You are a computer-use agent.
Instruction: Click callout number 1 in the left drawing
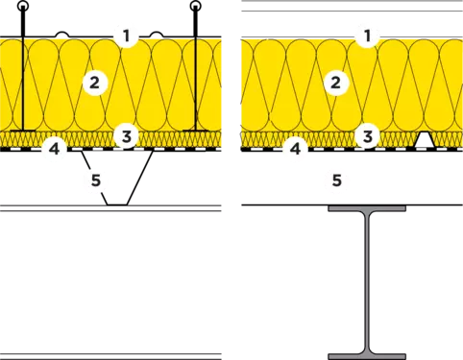[x=127, y=36]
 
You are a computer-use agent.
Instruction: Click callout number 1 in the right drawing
[x=367, y=36]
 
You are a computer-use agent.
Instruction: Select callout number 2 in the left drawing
[x=94, y=84]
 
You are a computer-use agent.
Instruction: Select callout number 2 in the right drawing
[x=335, y=84]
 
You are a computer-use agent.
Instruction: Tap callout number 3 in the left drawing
[x=127, y=136]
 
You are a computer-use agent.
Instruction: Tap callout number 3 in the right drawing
[x=367, y=136]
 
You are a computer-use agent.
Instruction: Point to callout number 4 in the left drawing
[x=55, y=149]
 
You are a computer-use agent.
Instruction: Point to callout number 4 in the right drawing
[x=296, y=149]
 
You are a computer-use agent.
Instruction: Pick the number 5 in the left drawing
[x=96, y=180]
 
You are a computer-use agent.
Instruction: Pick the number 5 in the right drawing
[x=336, y=180]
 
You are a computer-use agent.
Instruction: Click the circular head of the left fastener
[x=23, y=6]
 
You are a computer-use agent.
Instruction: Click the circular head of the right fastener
[x=195, y=6]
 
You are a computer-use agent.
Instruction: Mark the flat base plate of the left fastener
[x=23, y=131]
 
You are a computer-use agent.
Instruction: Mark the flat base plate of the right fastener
[x=195, y=131]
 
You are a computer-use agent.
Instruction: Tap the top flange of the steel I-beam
[x=367, y=208]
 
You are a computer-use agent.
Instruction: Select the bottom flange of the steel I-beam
[x=367, y=356]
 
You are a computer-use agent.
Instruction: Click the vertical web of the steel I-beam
[x=367, y=282]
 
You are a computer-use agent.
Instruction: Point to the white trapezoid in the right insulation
[x=425, y=140]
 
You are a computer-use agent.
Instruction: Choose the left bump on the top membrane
[x=62, y=35]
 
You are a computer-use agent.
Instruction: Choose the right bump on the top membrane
[x=157, y=35]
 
